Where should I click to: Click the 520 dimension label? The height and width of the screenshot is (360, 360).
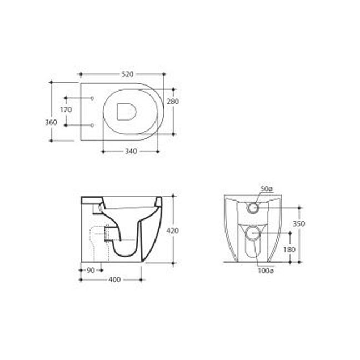coord(127,74)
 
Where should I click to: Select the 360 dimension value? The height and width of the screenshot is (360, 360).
coord(51,122)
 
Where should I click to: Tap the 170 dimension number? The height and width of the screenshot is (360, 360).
coord(66,110)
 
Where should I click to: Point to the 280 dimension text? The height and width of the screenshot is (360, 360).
coord(173,102)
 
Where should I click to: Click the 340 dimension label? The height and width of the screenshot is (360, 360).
coord(131,151)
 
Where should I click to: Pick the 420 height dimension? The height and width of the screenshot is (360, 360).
coord(172,231)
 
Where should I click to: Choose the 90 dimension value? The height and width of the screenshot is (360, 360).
coord(91,271)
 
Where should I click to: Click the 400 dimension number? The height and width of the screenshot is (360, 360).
coord(114,279)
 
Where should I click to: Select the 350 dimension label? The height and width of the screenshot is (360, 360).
coord(299,224)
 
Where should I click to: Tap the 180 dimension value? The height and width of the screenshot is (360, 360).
coord(289,249)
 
